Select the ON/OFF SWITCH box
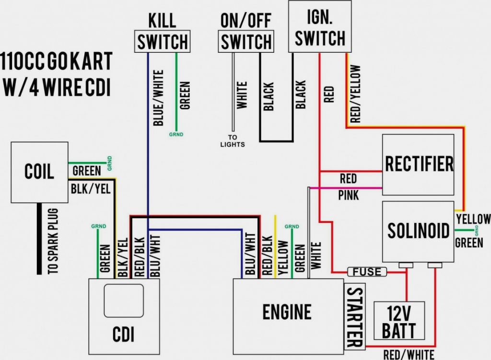click(246, 42)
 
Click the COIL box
click(39, 172)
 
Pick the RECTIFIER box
click(418, 164)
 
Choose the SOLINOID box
click(418, 231)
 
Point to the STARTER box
click(354, 317)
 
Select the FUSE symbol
click(367, 272)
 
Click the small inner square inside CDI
click(124, 301)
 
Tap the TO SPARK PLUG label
click(53, 241)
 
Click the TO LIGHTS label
click(233, 141)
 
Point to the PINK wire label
click(348, 196)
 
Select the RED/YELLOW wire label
click(355, 94)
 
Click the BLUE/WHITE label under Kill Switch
click(158, 98)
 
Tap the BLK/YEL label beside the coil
click(91, 189)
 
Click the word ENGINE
click(287, 312)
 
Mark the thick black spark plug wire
click(39, 238)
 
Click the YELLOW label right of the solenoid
click(473, 219)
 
